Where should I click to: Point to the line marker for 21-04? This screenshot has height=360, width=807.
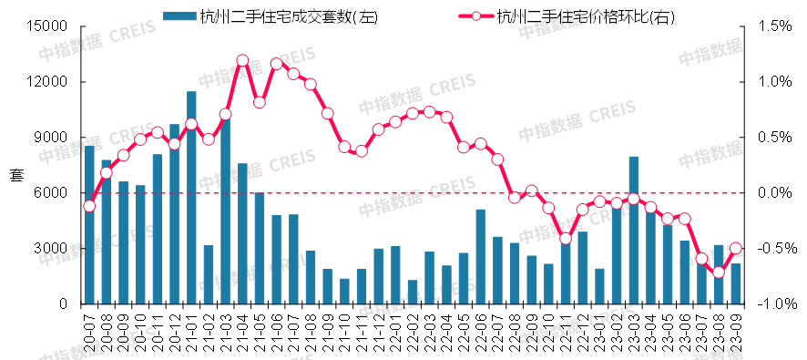tap(242, 61)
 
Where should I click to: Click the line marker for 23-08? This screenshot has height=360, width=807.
tap(719, 272)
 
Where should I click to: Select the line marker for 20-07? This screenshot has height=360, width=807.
tap(89, 206)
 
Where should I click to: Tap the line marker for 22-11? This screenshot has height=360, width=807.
tap(566, 239)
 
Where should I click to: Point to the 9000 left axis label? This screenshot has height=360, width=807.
tap(53, 138)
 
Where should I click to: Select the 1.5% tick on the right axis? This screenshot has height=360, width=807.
tap(765, 26)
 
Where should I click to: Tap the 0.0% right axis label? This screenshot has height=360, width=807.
tap(765, 193)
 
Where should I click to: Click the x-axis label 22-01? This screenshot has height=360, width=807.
tap(396, 334)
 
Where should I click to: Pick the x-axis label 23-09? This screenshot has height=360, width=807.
tap(736, 334)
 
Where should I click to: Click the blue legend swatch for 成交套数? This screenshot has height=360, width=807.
tap(179, 15)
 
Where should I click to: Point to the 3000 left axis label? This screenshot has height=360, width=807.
tap(53, 249)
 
